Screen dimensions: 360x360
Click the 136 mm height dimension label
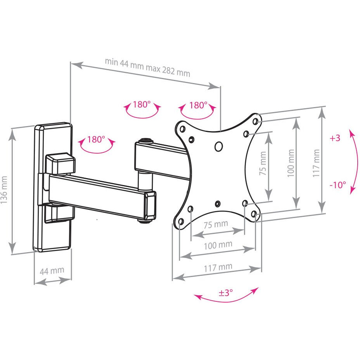tap(4, 190)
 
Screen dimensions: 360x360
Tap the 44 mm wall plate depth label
tap(52, 271)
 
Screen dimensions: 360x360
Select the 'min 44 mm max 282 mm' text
tap(148, 67)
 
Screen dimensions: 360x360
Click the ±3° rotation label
tap(226, 293)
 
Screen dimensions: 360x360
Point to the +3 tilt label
tap(335, 138)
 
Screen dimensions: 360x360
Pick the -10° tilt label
tap(338, 185)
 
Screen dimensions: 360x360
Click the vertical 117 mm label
tap(316, 163)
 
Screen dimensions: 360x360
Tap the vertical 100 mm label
tap(291, 163)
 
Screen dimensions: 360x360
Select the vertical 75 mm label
tap(263, 163)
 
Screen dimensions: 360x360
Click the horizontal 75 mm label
tap(216, 224)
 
